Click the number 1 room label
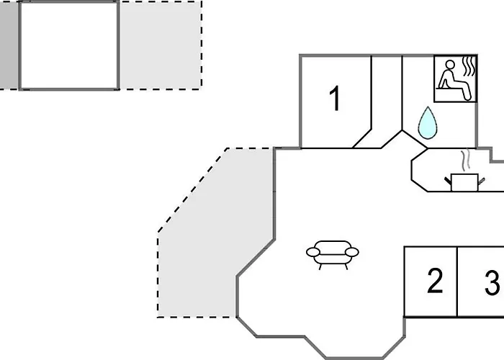pyautogui.click(x=334, y=99)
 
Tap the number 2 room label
pyautogui.click(x=434, y=282)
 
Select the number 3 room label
pyautogui.click(x=492, y=283)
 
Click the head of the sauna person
pyautogui.click(x=449, y=66)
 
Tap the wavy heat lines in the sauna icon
pyautogui.click(x=469, y=68)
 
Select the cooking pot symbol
pyautogui.click(x=462, y=181)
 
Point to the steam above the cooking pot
pyautogui.click(x=465, y=158)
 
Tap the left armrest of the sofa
pyautogui.click(x=312, y=252)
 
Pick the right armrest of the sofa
pyautogui.click(x=353, y=251)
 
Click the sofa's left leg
pyautogui.click(x=320, y=265)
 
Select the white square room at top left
pyautogui.click(x=68, y=45)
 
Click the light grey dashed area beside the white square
pyautogui.click(x=160, y=45)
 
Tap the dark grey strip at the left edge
pyautogui.click(x=9, y=45)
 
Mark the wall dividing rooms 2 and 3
pyautogui.click(x=457, y=282)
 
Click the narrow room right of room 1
pyautogui.click(x=387, y=97)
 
